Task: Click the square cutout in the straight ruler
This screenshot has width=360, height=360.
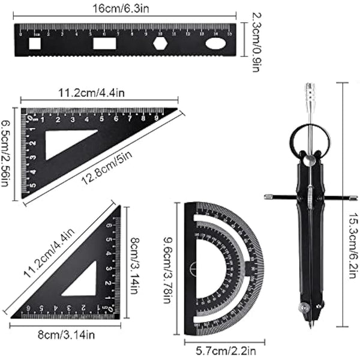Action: (x=35, y=44)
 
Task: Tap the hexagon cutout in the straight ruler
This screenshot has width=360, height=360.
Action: (x=160, y=44)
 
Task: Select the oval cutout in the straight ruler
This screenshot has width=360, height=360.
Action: (x=216, y=44)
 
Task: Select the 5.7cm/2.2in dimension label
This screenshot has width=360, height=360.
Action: (x=222, y=347)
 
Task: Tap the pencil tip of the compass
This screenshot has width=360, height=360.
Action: (x=311, y=325)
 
